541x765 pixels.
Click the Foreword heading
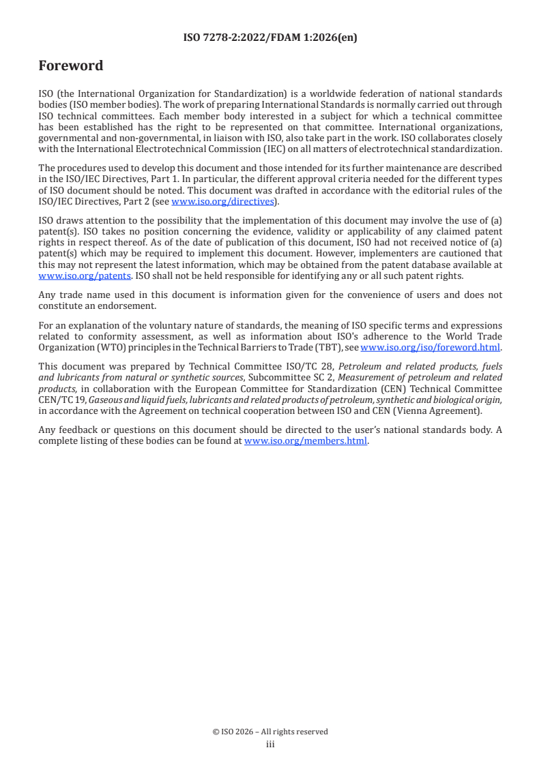click(x=71, y=66)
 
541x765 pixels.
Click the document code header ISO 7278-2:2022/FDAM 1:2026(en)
click(x=270, y=38)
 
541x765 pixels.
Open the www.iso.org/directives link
click(x=222, y=201)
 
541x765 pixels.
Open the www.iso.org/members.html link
click(x=306, y=440)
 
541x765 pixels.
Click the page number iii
click(x=270, y=745)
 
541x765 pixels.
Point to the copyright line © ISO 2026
click(x=270, y=732)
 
